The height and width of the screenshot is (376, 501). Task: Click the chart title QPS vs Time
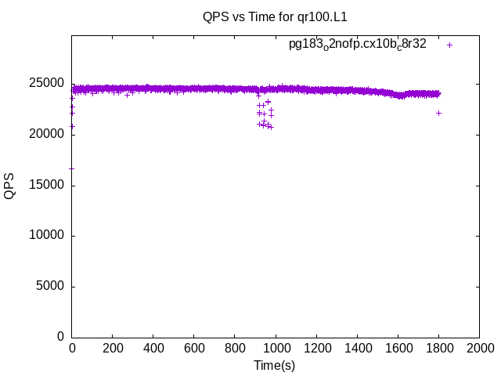point(274,16)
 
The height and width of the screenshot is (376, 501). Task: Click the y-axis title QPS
point(9,186)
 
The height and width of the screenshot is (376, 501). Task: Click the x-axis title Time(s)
point(274,365)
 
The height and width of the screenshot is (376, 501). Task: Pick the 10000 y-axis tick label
point(48,236)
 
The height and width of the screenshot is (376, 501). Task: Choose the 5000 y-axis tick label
point(51,287)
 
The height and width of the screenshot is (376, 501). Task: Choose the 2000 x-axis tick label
point(479,349)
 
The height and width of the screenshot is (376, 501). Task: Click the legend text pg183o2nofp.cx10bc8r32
point(357,44)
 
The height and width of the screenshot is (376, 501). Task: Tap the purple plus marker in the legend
point(450,45)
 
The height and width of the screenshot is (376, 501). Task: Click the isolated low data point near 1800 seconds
point(438,113)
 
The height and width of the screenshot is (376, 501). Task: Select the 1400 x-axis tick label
point(357,349)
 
